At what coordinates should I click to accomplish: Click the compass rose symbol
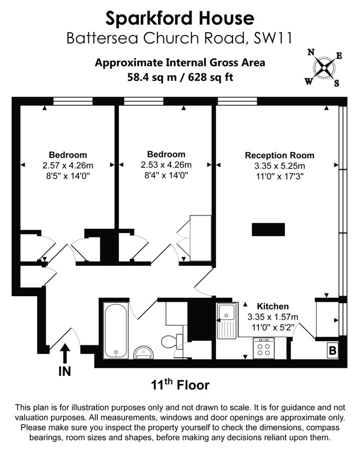coord(325,67)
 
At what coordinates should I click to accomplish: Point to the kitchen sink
coord(227,321)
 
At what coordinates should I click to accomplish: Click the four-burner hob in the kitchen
coord(264,348)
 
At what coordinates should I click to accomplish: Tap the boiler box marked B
coord(332,350)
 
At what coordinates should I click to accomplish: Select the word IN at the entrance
coord(65,371)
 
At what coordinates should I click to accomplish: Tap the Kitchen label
coord(273,306)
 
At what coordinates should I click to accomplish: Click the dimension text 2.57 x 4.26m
coord(68,165)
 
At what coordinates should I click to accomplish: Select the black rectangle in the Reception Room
coord(268,230)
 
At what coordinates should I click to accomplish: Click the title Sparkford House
coord(180,19)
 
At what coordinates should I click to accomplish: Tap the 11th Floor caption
coord(180,385)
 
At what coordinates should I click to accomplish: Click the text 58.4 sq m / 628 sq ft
coord(180,77)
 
